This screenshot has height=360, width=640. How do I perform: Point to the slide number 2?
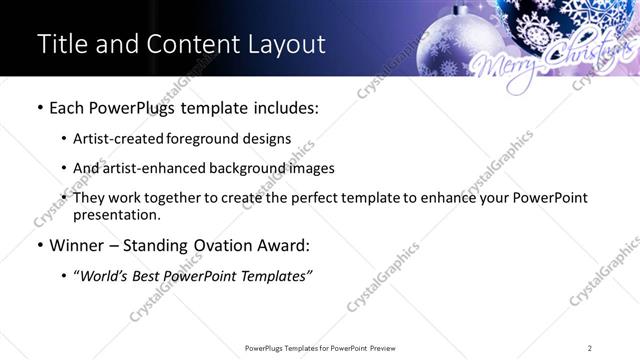[589, 348]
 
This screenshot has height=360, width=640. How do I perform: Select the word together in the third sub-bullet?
[173, 198]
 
